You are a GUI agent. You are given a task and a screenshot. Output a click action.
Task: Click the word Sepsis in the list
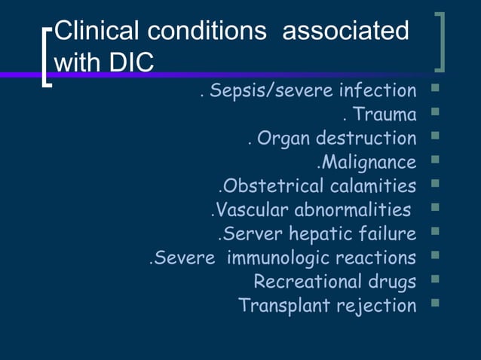click(x=233, y=91)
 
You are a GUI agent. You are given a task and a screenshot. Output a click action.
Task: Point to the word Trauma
click(x=384, y=114)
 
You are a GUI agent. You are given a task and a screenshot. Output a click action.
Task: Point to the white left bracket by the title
click(x=47, y=58)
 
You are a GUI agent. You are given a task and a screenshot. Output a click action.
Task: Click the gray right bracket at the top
click(x=442, y=41)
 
